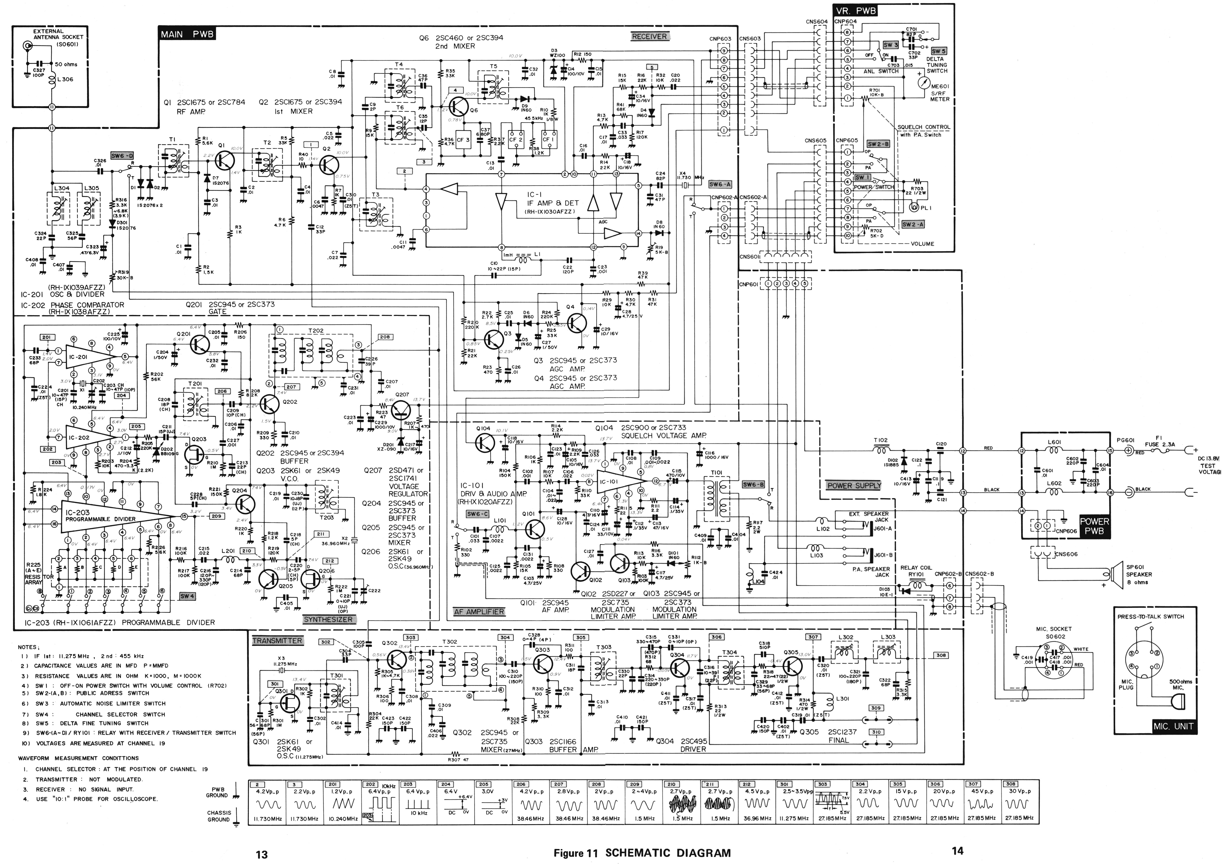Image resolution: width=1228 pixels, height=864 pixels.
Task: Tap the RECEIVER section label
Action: [649, 36]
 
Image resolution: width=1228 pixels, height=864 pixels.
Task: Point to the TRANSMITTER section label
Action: [277, 641]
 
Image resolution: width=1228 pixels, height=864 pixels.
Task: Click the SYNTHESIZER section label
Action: [328, 619]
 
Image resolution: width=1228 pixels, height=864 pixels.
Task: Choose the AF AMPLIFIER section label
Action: [479, 612]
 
